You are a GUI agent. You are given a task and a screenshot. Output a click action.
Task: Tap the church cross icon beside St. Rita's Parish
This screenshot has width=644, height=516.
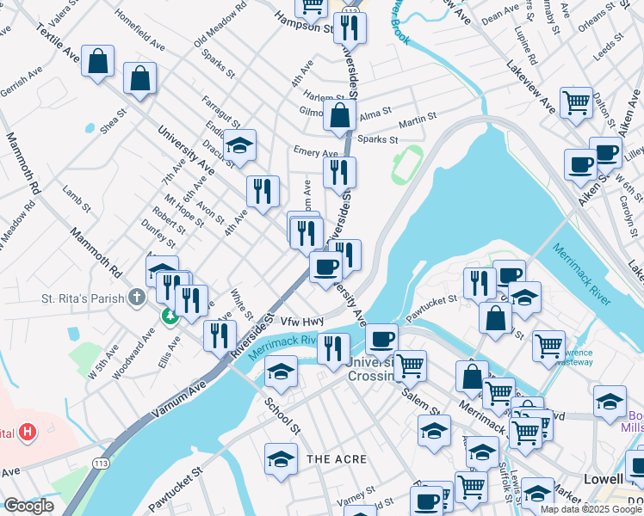point(136,298)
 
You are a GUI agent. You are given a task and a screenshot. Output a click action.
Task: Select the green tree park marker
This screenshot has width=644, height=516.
point(170,316)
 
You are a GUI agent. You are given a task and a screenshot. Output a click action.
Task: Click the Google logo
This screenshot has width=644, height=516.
point(28,506)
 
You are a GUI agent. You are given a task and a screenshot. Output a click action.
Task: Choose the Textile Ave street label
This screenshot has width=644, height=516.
point(58,43)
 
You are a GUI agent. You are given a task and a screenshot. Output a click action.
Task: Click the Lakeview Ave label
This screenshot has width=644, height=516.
point(530,85)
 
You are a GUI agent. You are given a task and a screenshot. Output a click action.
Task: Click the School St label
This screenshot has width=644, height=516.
point(282,415)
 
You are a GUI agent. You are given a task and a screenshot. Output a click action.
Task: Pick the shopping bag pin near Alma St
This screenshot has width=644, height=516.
point(340,114)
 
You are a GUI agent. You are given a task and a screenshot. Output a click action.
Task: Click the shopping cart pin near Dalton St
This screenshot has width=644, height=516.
point(576,101)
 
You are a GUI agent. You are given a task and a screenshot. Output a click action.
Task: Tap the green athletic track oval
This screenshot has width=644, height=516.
point(401,163)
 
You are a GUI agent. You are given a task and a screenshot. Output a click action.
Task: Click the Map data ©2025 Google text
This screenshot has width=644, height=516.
point(590,509)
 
